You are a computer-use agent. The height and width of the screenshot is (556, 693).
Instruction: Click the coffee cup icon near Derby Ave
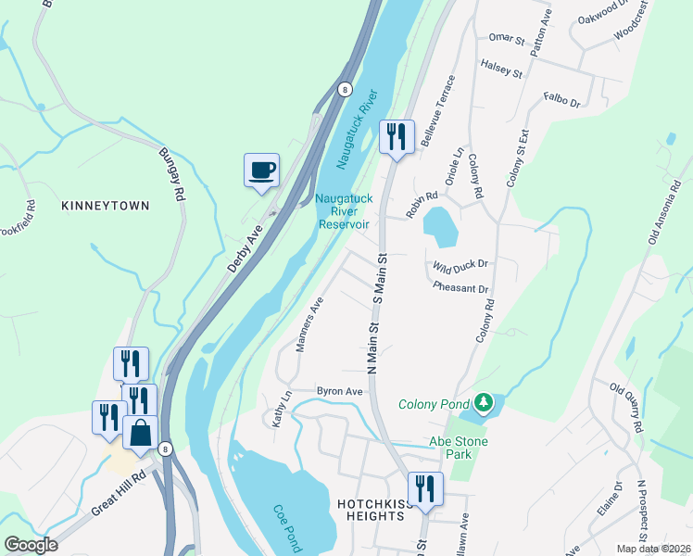[261, 171]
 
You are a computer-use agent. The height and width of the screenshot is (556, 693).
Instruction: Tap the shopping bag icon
[140, 433]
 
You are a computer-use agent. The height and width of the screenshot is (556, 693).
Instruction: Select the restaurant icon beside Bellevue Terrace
[397, 138]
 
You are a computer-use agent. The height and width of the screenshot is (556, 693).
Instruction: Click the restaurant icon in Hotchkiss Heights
[426, 488]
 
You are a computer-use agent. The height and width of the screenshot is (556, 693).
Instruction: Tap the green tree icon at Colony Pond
[482, 403]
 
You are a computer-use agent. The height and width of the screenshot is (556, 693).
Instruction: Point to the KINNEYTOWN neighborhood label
[105, 205]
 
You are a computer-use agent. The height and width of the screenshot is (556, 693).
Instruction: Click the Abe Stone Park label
[458, 448]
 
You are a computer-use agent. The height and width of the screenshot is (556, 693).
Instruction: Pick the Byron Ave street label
[339, 391]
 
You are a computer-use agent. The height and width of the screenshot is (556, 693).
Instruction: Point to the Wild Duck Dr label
[460, 266]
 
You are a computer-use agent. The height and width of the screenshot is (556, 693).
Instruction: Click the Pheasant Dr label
[460, 288]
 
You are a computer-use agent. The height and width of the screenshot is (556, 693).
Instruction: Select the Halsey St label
[501, 66]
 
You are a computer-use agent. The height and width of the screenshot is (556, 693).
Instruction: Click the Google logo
[31, 545]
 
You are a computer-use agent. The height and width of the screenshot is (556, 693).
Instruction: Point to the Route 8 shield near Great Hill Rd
[165, 449]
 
